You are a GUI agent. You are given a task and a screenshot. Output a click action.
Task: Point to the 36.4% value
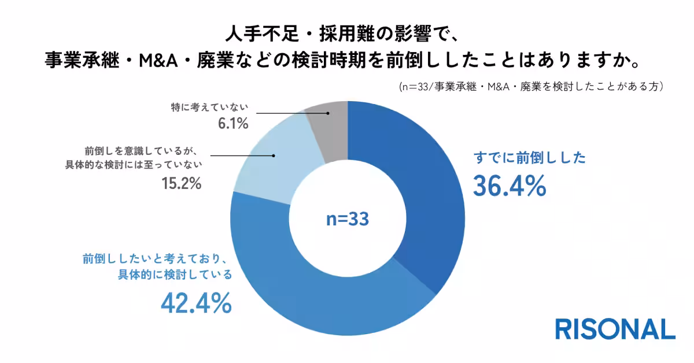click(x=510, y=186)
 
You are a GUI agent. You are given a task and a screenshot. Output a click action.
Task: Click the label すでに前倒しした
click(x=530, y=158)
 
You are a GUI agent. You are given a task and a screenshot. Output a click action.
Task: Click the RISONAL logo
click(x=615, y=329)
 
